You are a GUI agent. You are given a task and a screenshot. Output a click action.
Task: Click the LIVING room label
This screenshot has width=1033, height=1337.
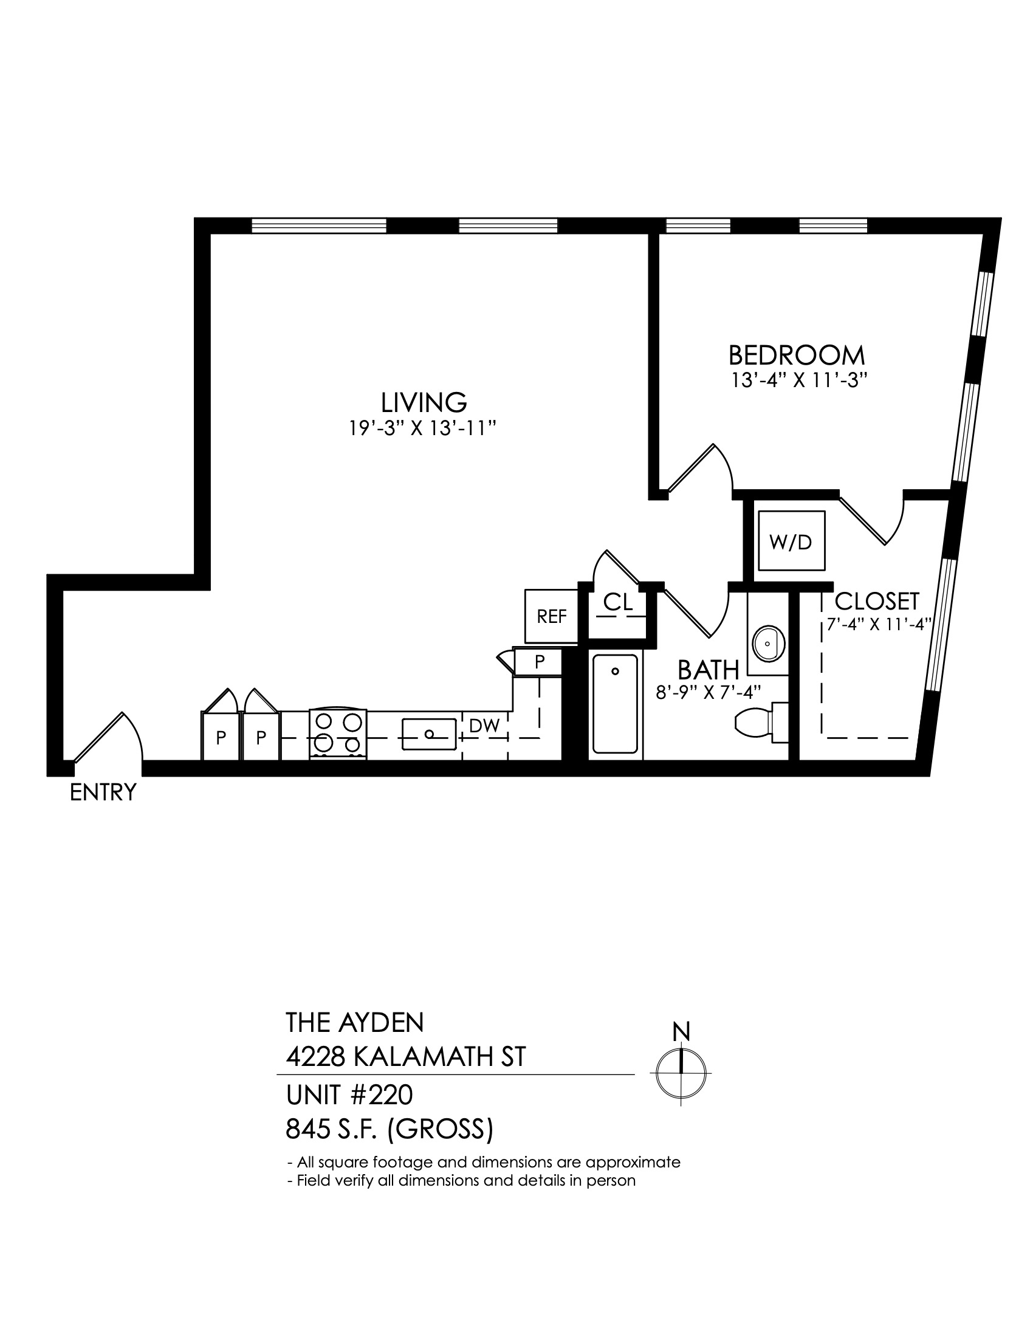(x=424, y=402)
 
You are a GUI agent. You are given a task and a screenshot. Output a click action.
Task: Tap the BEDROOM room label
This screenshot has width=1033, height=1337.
(x=797, y=355)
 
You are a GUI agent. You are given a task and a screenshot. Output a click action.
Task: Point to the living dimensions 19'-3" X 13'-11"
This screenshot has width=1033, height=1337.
(x=422, y=428)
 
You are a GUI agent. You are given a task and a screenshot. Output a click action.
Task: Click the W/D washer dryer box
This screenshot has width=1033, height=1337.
(x=791, y=541)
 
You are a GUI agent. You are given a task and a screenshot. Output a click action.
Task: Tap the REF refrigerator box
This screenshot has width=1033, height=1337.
(x=551, y=616)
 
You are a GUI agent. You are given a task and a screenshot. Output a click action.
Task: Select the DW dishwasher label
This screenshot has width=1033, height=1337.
(x=485, y=726)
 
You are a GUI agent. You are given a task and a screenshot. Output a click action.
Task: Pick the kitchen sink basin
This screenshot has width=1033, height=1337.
(x=429, y=734)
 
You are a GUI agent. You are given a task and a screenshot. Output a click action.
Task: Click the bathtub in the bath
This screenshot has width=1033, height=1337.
(x=615, y=704)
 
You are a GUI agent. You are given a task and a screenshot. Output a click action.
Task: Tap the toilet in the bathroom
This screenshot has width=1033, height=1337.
(x=761, y=723)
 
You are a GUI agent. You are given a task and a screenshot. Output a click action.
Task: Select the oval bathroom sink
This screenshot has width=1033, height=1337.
(x=767, y=644)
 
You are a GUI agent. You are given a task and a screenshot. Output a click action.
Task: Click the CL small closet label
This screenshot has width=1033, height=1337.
(x=618, y=602)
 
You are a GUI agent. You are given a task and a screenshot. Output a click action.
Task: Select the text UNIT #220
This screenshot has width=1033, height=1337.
(x=349, y=1095)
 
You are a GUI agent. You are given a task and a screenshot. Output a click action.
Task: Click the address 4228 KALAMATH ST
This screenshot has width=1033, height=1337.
(x=406, y=1057)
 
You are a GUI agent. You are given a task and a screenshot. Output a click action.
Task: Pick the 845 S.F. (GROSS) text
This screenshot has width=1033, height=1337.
(x=390, y=1130)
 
